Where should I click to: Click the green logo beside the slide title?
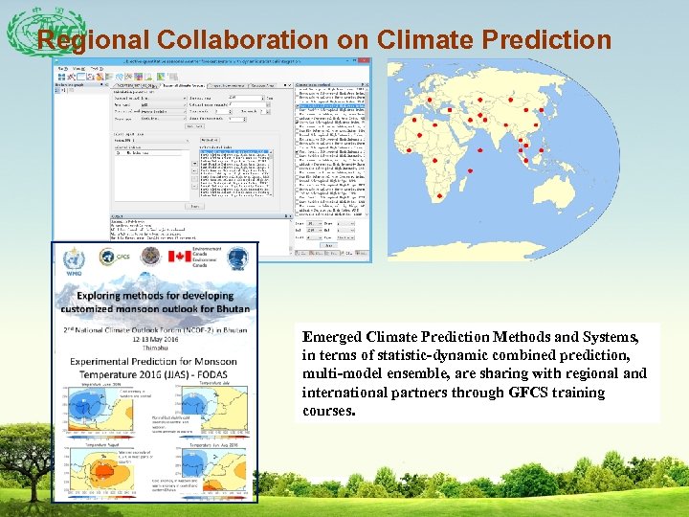pos(33,34)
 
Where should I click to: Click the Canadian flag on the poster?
pos(180,257)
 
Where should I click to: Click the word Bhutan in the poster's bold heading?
pos(229,308)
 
